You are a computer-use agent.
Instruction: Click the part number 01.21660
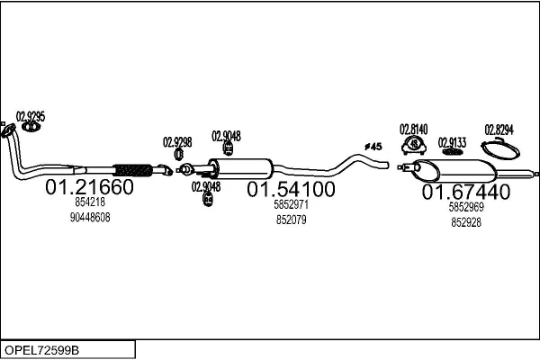click(89, 188)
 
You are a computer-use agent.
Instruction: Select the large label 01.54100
click(291, 190)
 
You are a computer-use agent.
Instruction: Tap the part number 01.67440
click(466, 192)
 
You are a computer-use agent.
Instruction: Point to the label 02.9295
click(31, 116)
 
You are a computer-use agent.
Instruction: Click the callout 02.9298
click(176, 141)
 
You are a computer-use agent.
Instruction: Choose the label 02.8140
click(413, 129)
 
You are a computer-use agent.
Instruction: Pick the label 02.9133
click(452, 142)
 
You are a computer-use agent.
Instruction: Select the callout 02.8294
click(499, 129)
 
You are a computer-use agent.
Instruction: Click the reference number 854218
click(89, 203)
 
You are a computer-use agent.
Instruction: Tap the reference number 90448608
click(89, 218)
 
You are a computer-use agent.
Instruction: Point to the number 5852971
click(291, 205)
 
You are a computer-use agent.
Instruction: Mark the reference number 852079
click(291, 220)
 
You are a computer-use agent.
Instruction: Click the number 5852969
click(466, 206)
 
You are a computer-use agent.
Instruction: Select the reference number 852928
click(466, 220)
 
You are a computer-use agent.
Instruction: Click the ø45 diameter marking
click(373, 146)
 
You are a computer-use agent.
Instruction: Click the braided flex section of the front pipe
click(132, 168)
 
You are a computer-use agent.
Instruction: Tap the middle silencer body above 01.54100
click(241, 167)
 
